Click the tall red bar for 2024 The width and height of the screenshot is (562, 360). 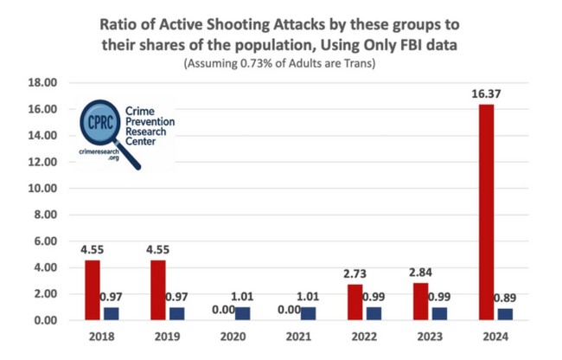point(487,212)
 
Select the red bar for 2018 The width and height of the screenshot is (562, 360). point(93,290)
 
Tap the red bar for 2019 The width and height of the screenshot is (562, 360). point(158,290)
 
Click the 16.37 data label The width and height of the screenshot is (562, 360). point(487,93)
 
